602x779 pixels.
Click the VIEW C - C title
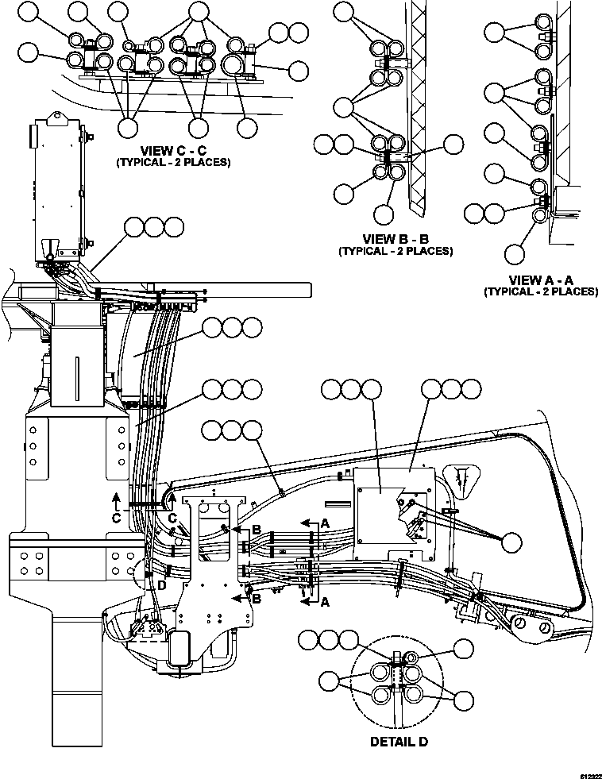click(x=173, y=150)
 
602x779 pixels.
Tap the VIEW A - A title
click(x=541, y=279)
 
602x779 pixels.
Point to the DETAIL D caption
click(x=399, y=742)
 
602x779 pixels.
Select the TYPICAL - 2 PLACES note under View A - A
click(x=541, y=291)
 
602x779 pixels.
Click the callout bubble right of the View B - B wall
click(x=453, y=144)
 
